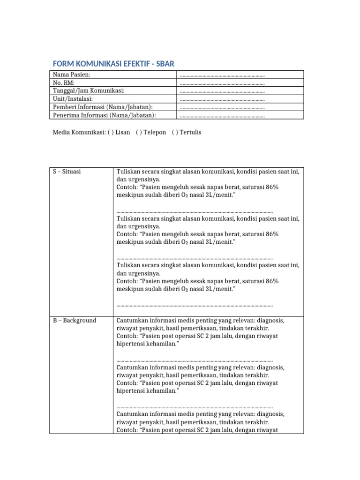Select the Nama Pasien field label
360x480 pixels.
(x=72, y=75)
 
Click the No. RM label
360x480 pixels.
(x=64, y=82)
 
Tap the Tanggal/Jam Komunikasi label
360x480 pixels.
(x=89, y=90)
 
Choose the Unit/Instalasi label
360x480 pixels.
(x=73, y=99)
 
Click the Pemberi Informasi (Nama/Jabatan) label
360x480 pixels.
(x=103, y=107)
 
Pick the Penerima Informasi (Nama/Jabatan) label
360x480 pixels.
(x=104, y=115)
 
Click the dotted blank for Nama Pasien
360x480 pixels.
(x=222, y=75)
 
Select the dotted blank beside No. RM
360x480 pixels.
(x=222, y=83)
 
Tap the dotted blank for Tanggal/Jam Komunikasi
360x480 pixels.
(x=222, y=91)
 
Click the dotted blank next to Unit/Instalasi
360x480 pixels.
(x=222, y=99)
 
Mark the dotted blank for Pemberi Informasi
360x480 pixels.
(x=222, y=107)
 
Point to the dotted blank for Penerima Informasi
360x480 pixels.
(x=222, y=116)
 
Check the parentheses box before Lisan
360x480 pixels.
(x=111, y=133)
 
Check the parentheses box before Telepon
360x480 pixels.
(x=139, y=133)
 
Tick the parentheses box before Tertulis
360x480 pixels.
(x=175, y=133)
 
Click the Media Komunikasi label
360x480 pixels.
(x=79, y=133)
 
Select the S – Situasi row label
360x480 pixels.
(x=67, y=172)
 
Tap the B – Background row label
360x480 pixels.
(x=75, y=321)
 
